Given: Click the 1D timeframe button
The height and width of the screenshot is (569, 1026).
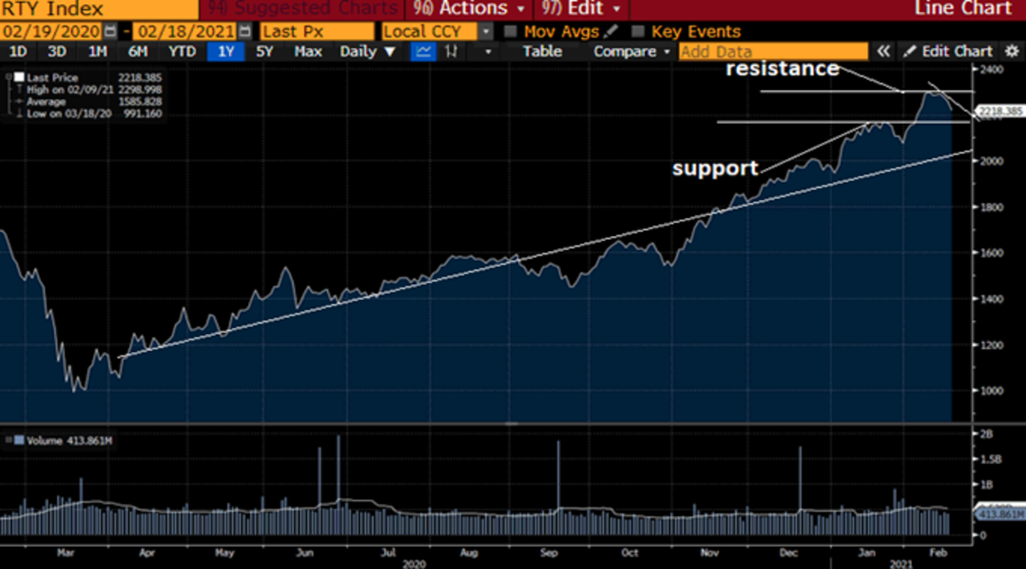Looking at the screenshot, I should (x=16, y=51).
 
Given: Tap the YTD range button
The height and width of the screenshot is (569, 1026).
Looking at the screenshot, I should (x=180, y=51).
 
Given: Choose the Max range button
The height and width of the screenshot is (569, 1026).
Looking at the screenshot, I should (x=308, y=51).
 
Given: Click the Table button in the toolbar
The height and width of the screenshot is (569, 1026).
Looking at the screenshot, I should (x=542, y=51).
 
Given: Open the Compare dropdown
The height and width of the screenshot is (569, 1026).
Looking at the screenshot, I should (x=631, y=51).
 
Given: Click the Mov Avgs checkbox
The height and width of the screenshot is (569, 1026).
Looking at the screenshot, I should (x=510, y=32).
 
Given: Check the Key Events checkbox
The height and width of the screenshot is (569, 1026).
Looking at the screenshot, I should (x=637, y=32).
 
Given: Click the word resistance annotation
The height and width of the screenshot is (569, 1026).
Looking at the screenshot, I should (x=782, y=69).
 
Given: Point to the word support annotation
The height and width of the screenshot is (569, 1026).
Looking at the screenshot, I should (x=715, y=168).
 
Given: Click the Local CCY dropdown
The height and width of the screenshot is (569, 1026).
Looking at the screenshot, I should (x=436, y=32).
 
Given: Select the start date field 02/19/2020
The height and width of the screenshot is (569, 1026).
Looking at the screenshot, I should (x=51, y=32).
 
